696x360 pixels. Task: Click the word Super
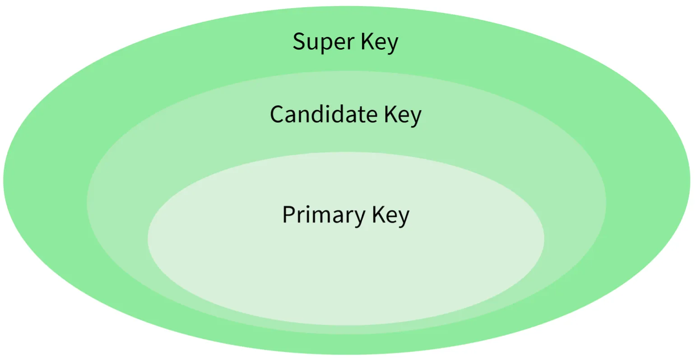tap(324, 42)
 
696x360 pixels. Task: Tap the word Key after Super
tap(379, 42)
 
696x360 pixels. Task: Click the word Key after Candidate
tap(403, 115)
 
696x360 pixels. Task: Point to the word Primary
tap(324, 215)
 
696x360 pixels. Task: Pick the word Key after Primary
tap(390, 215)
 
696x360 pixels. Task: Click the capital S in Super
tap(299, 41)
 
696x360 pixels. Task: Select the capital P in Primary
tap(288, 214)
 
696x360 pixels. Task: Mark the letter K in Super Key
tap(366, 41)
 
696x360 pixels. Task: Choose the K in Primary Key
tap(378, 214)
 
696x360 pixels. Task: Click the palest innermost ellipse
tap(346, 271)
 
